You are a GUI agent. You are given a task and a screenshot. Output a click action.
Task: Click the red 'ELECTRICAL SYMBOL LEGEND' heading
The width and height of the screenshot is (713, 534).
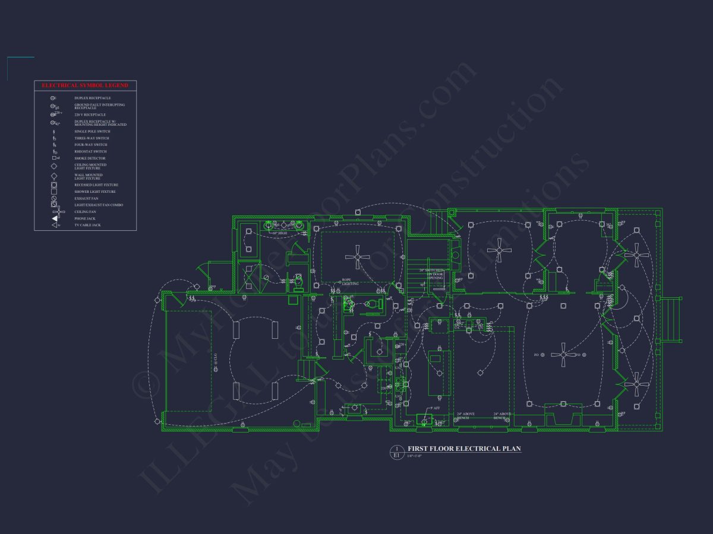point(85,86)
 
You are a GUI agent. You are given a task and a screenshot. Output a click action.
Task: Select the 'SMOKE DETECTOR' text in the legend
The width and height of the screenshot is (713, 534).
point(90,158)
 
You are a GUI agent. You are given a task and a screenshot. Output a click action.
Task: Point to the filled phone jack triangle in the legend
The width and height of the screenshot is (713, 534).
point(54,218)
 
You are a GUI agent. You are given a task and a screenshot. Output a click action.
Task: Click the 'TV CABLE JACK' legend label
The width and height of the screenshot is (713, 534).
point(87,225)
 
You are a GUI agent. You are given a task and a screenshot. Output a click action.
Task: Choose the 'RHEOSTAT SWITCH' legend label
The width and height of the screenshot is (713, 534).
point(90,151)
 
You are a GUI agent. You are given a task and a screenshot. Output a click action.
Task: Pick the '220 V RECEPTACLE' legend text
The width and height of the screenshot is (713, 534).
point(90,115)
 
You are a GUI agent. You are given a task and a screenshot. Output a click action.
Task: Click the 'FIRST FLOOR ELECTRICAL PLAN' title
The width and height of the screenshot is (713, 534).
point(463,449)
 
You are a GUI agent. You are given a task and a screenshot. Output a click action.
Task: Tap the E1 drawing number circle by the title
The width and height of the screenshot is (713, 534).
point(396,452)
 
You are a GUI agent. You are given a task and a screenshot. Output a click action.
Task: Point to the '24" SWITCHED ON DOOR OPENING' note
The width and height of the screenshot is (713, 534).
point(436,274)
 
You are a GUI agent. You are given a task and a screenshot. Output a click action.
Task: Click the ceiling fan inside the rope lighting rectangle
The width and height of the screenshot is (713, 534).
point(357,257)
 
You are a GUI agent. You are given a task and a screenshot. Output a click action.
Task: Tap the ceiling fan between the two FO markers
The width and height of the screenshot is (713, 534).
point(563,355)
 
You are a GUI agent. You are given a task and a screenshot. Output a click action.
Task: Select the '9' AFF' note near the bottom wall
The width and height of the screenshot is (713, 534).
point(435,408)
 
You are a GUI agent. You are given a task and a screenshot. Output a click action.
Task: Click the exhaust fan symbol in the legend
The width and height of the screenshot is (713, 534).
point(54,198)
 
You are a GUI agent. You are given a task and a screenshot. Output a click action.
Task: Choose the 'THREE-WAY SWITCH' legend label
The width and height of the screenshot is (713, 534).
point(90,138)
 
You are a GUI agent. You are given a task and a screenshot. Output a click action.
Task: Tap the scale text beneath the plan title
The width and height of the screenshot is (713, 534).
point(414,456)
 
